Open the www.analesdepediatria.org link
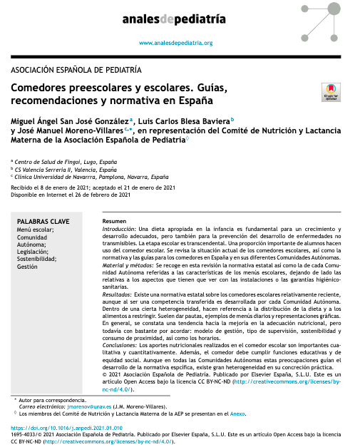pos(175,43)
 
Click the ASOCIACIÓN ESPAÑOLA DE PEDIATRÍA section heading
pos(77,70)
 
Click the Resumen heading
pos(115,221)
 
